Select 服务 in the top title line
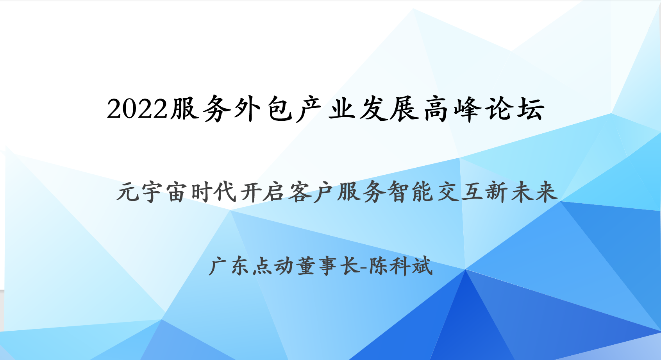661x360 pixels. click(200, 108)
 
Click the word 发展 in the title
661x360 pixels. click(389, 108)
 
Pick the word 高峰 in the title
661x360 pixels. click(452, 108)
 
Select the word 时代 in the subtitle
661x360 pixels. click(214, 192)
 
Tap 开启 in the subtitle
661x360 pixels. click(263, 192)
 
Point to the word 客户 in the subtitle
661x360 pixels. click(311, 192)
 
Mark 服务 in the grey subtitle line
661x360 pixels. click(361, 192)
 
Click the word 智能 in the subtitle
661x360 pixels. click(410, 192)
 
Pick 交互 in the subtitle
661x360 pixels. click(459, 192)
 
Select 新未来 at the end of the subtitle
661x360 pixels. click(522, 192)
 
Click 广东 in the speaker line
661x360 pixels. click(229, 266)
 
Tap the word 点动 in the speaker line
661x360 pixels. click(273, 266)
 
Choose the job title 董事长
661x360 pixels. click(328, 266)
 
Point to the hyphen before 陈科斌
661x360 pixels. click(364, 267)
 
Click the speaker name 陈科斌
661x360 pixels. click(400, 266)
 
